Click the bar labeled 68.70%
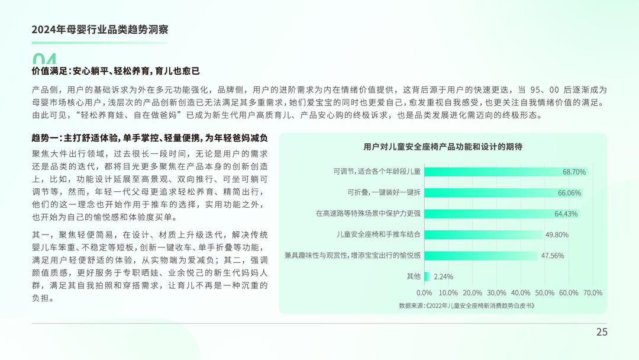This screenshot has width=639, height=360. [506, 172]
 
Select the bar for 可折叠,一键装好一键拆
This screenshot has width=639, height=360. [504, 192]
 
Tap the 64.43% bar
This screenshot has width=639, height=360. [502, 214]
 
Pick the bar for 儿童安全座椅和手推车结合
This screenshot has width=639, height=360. [484, 234]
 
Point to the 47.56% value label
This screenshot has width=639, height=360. [552, 256]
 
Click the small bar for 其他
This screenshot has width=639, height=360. [427, 277]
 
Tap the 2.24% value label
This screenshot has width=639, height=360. [443, 277]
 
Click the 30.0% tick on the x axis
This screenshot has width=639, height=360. [496, 292]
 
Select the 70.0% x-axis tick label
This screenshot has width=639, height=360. [592, 292]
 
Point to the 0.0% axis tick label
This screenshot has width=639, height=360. [424, 292]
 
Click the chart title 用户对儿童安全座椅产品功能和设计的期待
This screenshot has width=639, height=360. [443, 147]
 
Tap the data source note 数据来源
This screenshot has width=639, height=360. [467, 306]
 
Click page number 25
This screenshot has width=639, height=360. [602, 332]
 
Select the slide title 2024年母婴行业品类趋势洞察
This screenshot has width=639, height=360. [100, 30]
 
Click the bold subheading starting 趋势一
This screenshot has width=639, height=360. [150, 138]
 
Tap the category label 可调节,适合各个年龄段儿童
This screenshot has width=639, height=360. [377, 171]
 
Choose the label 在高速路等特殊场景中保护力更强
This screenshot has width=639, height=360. [368, 213]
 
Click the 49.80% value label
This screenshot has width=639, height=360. [557, 235]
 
